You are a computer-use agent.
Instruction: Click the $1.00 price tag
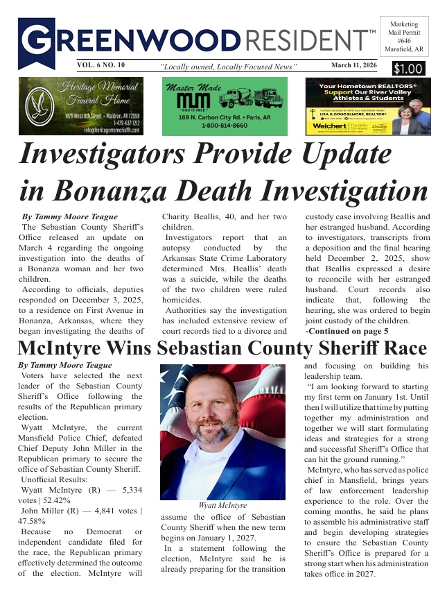[x=407, y=69]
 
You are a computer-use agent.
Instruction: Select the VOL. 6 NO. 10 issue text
[x=102, y=65]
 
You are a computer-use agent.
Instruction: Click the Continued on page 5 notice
[x=347, y=332]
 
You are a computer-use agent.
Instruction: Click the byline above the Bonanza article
[x=70, y=216]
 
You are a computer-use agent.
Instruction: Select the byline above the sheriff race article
[x=65, y=365]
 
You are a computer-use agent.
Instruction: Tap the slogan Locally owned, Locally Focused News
[x=228, y=67]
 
